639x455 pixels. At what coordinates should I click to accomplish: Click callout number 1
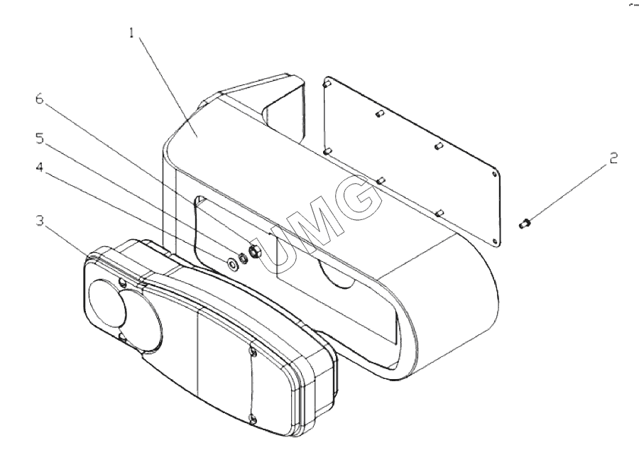[131, 33]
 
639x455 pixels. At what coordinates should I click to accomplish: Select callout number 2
[613, 158]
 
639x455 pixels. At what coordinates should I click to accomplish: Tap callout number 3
[40, 221]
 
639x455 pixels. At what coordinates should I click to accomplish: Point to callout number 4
[40, 167]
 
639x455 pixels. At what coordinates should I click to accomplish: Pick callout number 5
[40, 138]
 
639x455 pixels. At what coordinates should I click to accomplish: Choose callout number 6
[40, 99]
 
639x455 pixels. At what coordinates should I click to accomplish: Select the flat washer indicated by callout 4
[233, 264]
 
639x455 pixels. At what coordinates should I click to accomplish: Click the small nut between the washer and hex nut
[244, 258]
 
